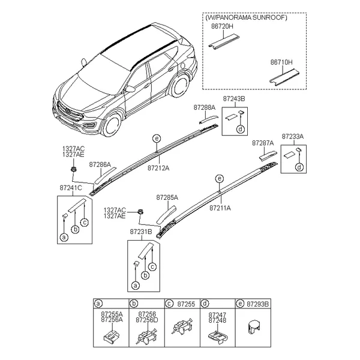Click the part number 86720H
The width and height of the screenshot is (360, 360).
click(222, 26)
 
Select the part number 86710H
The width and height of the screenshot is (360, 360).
click(281, 62)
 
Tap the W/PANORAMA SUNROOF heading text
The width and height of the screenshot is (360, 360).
click(246, 17)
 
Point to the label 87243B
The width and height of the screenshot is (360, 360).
click(234, 99)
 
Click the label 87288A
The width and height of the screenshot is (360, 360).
click(205, 107)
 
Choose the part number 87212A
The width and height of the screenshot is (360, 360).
click(158, 168)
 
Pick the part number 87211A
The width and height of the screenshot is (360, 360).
click(220, 208)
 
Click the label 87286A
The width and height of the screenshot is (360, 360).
click(100, 164)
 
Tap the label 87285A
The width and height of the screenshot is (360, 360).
click(167, 197)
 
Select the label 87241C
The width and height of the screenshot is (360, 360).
click(71, 188)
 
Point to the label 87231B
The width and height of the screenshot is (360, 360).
click(141, 232)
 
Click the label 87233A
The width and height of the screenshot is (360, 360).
click(293, 137)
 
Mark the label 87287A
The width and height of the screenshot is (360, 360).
click(263, 143)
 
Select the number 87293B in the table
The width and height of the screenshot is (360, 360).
click(257, 304)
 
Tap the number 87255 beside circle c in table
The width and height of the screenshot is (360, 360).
click(186, 304)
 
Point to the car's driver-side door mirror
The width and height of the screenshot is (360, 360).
click(130, 89)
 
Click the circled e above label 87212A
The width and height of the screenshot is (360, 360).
click(157, 139)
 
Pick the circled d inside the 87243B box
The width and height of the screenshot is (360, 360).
click(241, 129)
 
